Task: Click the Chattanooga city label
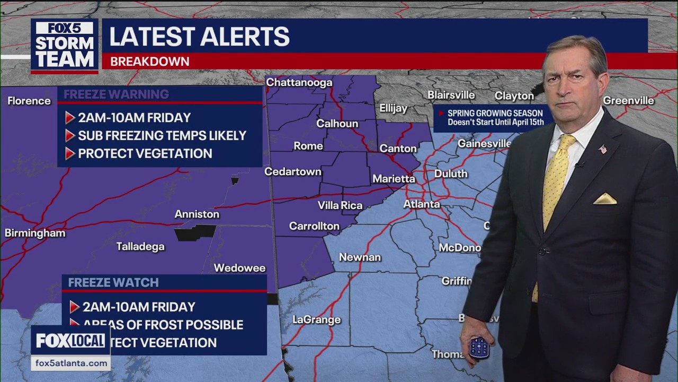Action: point(299,82)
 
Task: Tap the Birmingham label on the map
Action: point(35,233)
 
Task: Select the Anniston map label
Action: point(197,214)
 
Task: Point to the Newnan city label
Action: point(360,257)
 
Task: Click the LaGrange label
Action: point(317,320)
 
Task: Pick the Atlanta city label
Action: point(422,204)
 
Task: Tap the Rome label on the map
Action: point(308,146)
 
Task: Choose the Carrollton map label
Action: point(314,226)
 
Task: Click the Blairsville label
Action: point(451,95)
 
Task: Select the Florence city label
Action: point(29,101)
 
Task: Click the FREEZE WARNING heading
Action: point(116,94)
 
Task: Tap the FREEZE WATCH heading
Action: point(113,283)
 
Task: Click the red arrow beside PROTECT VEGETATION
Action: point(70,154)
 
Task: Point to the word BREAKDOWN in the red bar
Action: point(149,62)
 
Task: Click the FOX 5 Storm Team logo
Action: point(65,45)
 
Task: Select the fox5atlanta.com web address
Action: point(70,363)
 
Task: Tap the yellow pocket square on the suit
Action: point(604,199)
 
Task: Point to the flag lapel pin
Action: point(603,149)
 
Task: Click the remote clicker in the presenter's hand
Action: point(479,348)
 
